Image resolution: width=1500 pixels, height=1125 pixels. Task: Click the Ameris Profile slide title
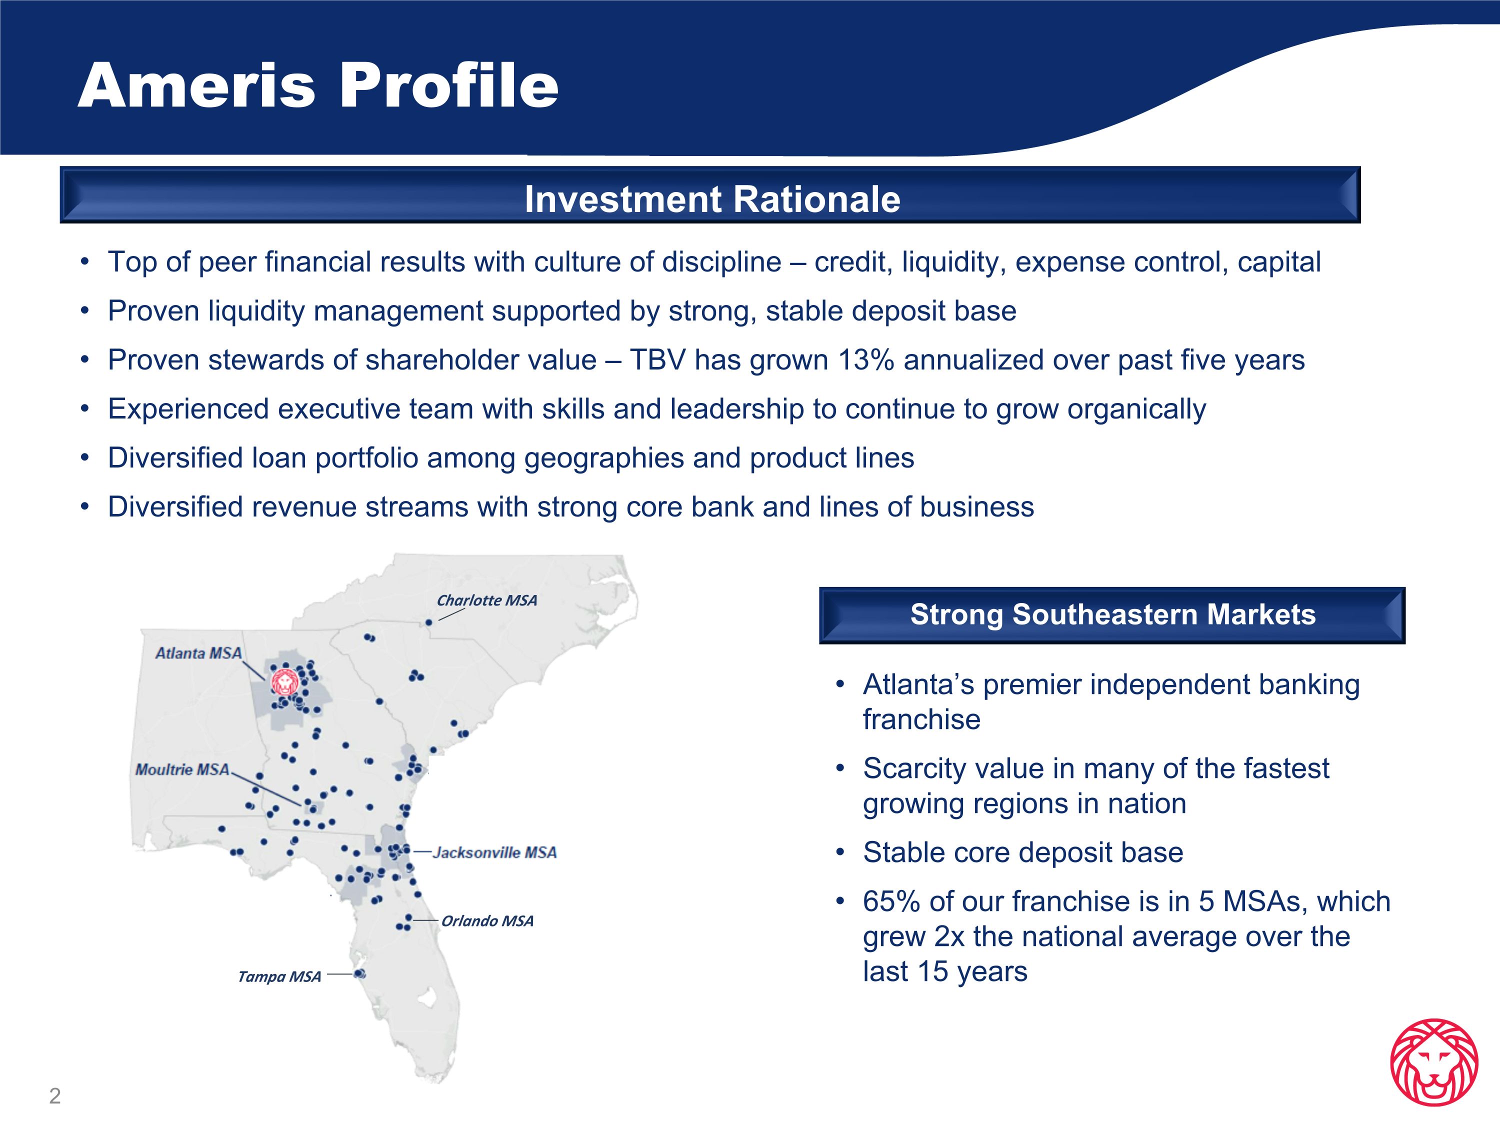[318, 85]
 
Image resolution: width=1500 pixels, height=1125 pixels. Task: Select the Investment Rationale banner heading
[712, 199]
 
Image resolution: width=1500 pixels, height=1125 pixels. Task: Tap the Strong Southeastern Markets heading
[1113, 614]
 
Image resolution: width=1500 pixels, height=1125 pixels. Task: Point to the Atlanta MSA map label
[198, 653]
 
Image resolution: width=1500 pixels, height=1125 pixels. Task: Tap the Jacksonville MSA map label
[494, 852]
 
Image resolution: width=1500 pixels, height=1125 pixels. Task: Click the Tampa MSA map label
[279, 976]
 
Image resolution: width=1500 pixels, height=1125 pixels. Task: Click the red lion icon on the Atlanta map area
[284, 681]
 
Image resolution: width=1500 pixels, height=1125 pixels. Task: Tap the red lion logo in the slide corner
[1433, 1062]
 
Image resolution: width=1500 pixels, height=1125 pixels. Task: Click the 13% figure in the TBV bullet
[866, 360]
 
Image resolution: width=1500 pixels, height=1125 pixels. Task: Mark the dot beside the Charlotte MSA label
[428, 622]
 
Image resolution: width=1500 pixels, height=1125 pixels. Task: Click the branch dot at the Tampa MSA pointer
[360, 974]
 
